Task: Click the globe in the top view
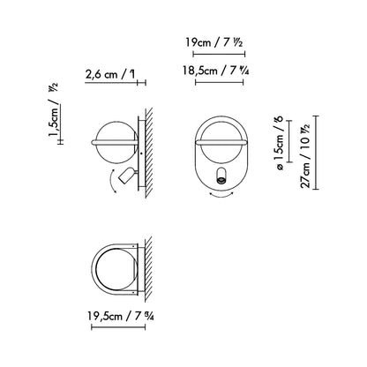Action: click(116, 267)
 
